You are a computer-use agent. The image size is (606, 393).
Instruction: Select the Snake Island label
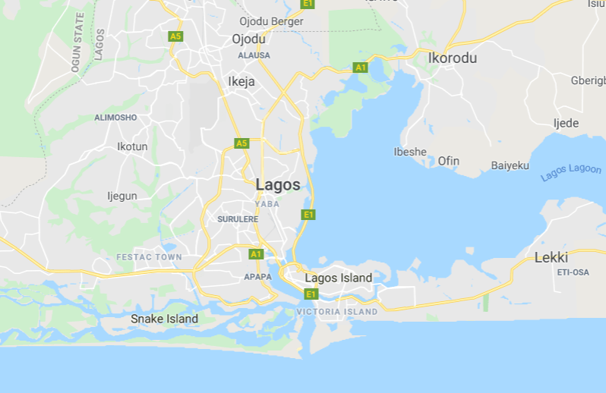coord(164,319)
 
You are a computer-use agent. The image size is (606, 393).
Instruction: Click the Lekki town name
coord(551,257)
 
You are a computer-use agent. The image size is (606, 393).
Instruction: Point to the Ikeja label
coord(241,81)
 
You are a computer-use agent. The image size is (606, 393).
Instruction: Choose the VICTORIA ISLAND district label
coord(336,312)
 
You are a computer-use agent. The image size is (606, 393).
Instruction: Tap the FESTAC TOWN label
coord(149,257)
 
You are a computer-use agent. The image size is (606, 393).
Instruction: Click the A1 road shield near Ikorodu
coord(361,68)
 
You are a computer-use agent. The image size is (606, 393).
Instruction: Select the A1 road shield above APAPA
coord(256,253)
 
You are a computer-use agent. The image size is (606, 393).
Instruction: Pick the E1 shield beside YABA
coord(308,215)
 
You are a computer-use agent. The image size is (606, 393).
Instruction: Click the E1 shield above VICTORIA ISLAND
coord(311,294)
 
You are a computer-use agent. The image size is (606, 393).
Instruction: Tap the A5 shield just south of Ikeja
coord(241,143)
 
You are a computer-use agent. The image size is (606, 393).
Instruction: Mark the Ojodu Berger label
coord(271,21)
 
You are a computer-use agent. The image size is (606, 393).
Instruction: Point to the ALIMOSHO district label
coord(115,118)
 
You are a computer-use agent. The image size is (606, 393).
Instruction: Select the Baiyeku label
coord(510,165)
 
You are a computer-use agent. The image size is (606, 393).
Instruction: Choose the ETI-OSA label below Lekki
coord(573,272)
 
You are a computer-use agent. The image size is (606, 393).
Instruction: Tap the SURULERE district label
coord(238,219)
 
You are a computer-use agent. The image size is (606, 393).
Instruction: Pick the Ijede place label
coord(566,123)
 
